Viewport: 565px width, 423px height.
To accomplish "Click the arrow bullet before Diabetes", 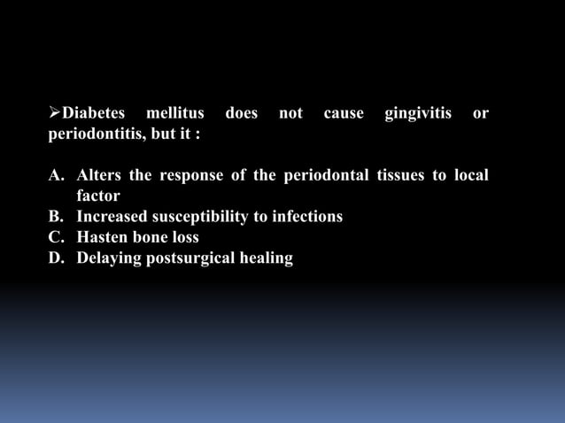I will (53, 114).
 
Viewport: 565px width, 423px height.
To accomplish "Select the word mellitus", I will (175, 114).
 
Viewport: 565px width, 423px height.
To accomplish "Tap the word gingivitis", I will (418, 114).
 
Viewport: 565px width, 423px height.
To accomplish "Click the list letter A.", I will (55, 175).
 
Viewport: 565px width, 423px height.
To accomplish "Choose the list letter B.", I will (55, 217).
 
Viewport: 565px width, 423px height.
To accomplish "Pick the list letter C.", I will (55, 237).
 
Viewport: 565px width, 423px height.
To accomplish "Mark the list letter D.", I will (55, 258).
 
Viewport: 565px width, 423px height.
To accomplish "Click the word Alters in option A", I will (99, 175).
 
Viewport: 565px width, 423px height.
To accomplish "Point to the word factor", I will (98, 196).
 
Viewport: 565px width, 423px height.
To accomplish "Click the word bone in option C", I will (154, 237).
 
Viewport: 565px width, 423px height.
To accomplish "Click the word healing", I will (267, 258).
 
